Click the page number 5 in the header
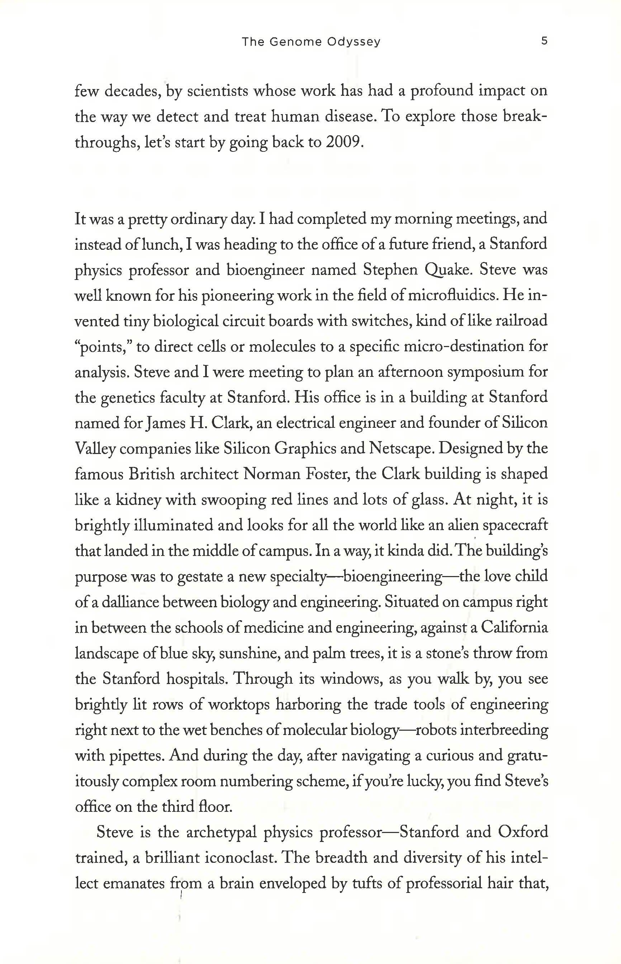(x=544, y=41)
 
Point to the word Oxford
(x=523, y=832)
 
